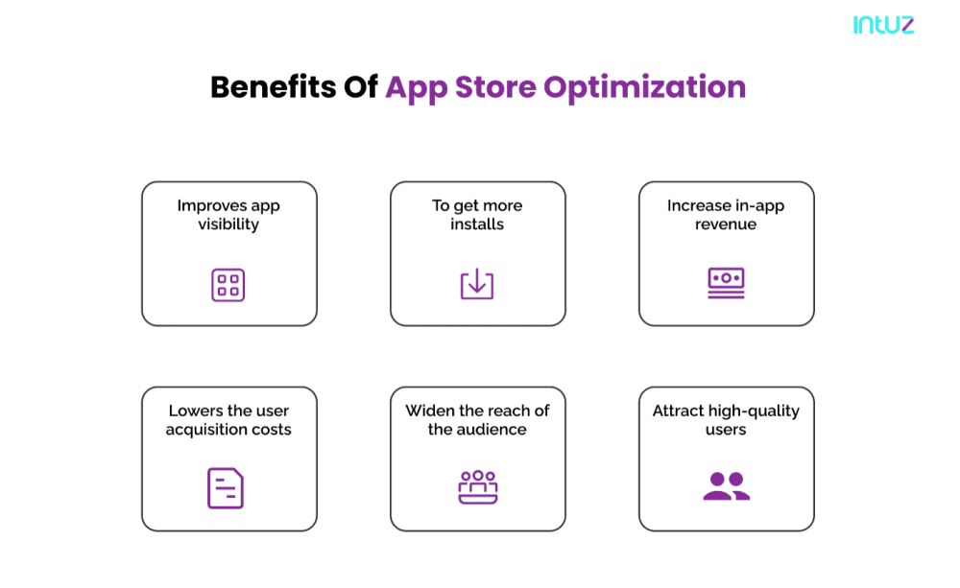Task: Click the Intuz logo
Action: (883, 25)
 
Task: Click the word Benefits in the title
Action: (273, 87)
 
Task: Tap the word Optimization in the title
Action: (645, 88)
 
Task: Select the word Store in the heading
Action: (495, 87)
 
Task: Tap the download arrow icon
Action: (477, 284)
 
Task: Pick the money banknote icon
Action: (726, 283)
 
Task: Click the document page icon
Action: (226, 488)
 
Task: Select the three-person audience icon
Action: (477, 487)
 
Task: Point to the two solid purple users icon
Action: (726, 486)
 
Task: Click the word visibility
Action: (228, 224)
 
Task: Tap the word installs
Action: (477, 223)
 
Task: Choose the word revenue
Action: (726, 224)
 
